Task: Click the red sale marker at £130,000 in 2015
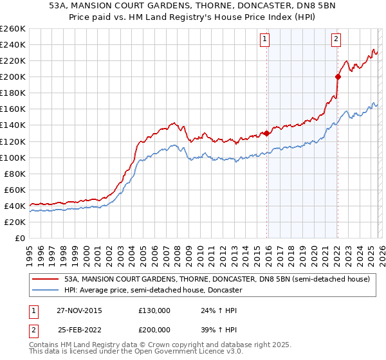pos(266,133)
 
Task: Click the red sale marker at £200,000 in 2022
pos(337,76)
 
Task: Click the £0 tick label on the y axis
pos(19,238)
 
